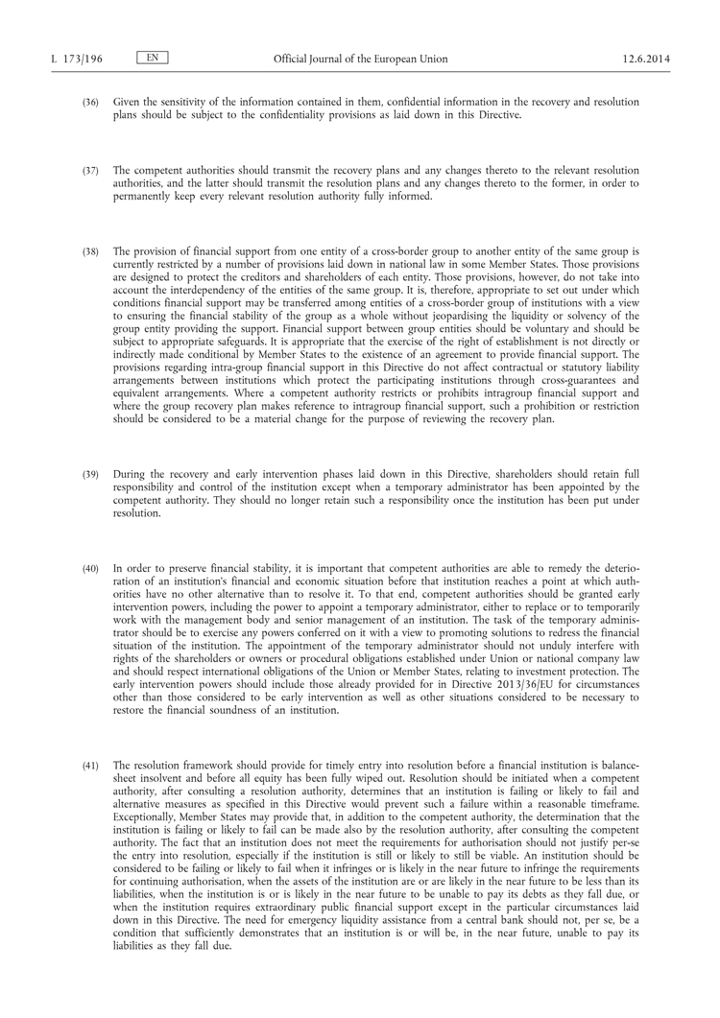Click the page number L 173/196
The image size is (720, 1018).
(x=76, y=59)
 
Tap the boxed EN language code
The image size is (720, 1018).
(x=153, y=59)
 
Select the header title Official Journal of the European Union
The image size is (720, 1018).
(x=360, y=59)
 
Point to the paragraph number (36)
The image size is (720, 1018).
(x=89, y=102)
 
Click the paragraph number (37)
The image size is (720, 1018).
(x=89, y=170)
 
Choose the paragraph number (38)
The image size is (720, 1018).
(x=89, y=251)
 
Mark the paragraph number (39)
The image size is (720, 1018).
(x=89, y=474)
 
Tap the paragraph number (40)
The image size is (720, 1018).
(x=89, y=569)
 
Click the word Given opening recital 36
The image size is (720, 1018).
(x=128, y=102)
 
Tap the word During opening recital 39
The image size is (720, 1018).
(x=130, y=474)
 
